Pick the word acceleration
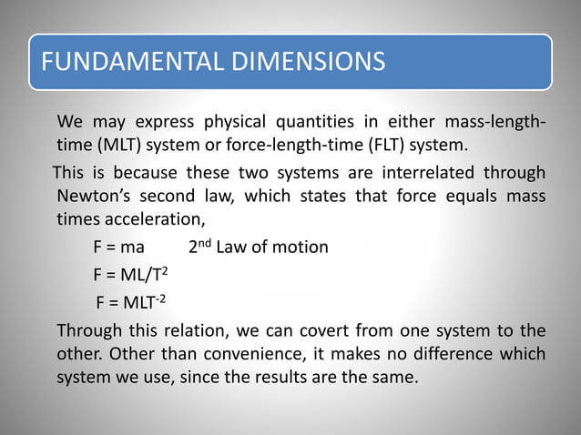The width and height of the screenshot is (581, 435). [155, 219]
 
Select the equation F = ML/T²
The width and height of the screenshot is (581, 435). [128, 274]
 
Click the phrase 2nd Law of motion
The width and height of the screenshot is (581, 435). [259, 248]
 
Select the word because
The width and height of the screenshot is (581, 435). [138, 172]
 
